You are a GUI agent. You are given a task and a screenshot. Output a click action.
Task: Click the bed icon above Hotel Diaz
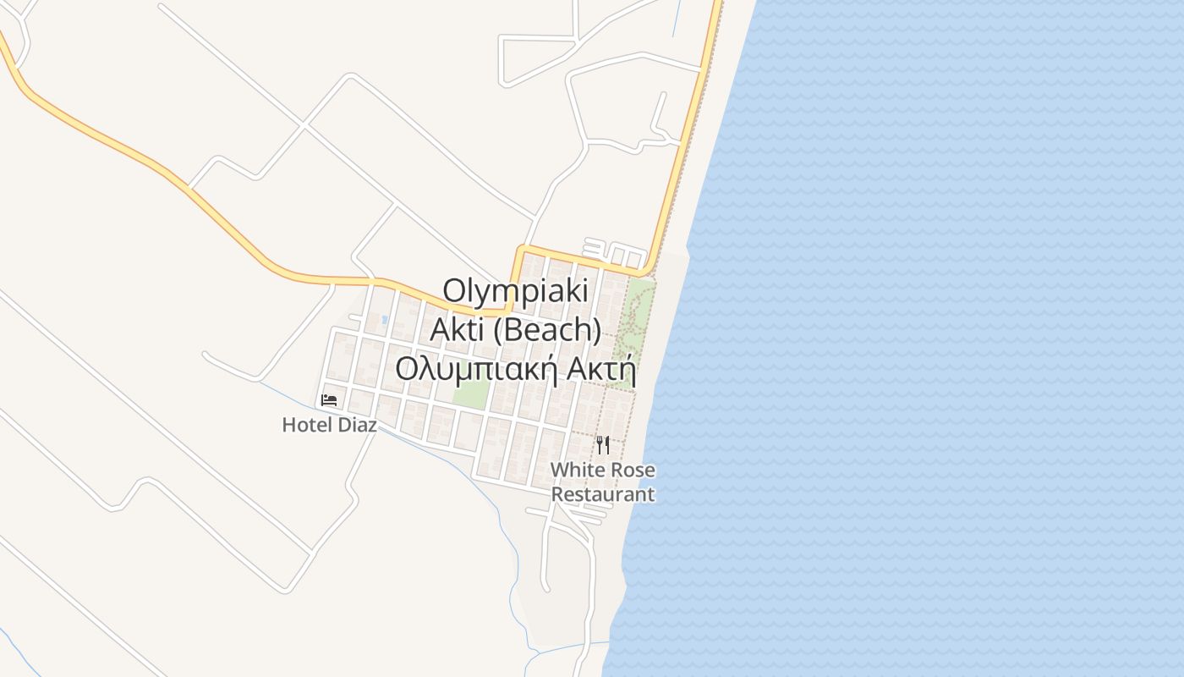[x=329, y=399]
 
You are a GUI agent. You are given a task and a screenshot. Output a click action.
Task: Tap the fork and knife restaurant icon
[x=603, y=445]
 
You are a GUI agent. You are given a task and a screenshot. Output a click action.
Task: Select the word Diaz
[x=358, y=425]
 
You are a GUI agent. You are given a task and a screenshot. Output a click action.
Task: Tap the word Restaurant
[x=603, y=494]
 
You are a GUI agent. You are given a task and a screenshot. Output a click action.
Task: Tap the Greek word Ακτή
[x=602, y=369]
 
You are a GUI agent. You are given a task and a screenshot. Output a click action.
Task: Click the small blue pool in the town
[x=385, y=320]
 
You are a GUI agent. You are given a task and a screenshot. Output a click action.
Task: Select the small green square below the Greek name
[x=471, y=394]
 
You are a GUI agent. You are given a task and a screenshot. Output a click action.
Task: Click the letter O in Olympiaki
[x=455, y=290]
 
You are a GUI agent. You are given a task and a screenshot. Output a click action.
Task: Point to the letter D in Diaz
[x=344, y=425]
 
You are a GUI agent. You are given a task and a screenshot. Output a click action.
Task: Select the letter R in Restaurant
[x=556, y=494]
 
